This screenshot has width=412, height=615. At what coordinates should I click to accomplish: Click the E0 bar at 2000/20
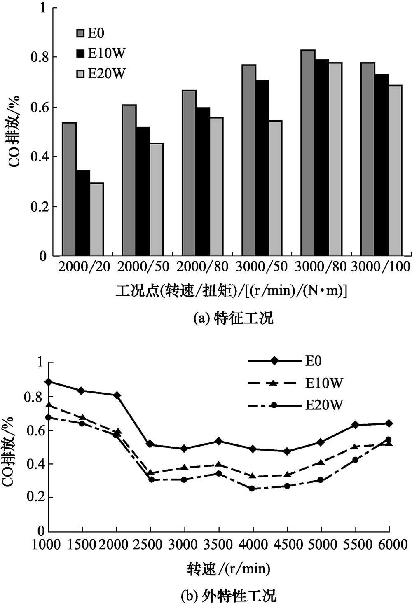(69, 189)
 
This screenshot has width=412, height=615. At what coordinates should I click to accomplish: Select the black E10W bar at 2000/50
(143, 192)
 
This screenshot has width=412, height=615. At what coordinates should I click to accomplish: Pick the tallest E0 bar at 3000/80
(308, 153)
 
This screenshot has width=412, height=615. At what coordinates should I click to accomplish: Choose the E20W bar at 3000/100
(395, 171)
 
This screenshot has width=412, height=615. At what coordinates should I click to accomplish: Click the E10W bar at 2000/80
(202, 182)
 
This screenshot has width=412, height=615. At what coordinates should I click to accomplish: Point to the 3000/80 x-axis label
(321, 267)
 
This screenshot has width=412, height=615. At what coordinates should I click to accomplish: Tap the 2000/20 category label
(84, 267)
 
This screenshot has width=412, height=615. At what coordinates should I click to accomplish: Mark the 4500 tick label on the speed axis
(287, 545)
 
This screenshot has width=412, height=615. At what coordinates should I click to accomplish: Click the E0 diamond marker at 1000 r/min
(49, 382)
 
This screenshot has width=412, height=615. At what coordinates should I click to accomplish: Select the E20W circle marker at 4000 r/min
(253, 489)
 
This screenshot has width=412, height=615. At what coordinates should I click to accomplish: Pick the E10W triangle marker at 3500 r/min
(219, 465)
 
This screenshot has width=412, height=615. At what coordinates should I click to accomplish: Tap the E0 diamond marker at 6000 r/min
(389, 423)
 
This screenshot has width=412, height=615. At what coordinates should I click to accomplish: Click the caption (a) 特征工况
(233, 318)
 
